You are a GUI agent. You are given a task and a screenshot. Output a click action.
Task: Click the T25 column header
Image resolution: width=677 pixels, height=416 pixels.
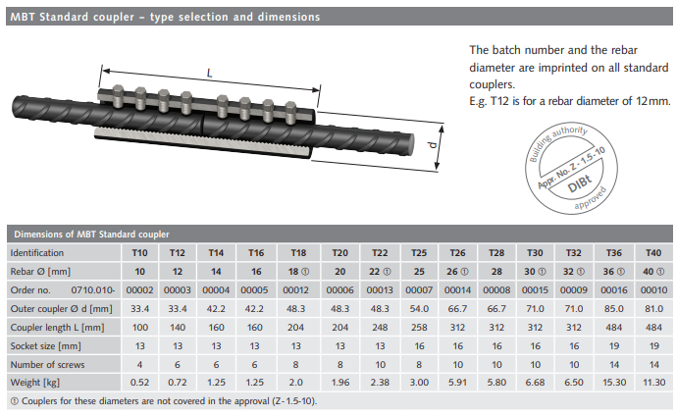click(x=419, y=253)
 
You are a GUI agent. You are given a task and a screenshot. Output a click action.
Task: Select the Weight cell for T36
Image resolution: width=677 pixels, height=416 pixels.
click(x=614, y=383)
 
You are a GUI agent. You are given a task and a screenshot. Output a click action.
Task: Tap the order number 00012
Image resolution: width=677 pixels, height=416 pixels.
click(x=295, y=290)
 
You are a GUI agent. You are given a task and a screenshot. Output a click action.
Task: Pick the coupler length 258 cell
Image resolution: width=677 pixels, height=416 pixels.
click(x=419, y=328)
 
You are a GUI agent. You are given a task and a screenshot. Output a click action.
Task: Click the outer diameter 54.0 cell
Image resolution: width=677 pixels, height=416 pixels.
click(x=419, y=309)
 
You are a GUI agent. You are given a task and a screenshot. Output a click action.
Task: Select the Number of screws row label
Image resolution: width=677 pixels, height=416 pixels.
click(x=47, y=365)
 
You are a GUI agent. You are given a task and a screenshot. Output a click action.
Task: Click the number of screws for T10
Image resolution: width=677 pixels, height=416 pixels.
click(x=139, y=365)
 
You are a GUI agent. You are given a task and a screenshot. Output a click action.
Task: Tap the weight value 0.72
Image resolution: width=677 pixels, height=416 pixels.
click(x=177, y=383)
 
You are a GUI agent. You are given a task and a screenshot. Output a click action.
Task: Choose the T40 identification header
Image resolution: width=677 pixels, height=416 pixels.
click(x=653, y=253)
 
